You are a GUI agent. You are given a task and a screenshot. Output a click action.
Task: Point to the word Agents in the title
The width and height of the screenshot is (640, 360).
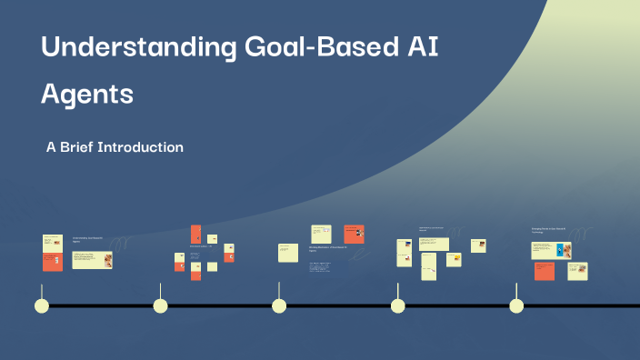(87, 93)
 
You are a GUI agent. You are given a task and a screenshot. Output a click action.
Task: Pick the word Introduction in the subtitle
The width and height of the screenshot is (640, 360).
(145, 147)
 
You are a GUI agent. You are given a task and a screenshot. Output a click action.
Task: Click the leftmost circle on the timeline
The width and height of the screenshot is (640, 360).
(41, 305)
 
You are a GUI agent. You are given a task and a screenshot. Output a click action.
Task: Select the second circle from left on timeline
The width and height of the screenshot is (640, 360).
(160, 305)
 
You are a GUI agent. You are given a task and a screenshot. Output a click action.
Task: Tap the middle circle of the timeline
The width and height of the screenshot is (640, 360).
(279, 305)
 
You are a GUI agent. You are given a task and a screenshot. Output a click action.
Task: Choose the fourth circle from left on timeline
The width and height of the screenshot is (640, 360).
(397, 305)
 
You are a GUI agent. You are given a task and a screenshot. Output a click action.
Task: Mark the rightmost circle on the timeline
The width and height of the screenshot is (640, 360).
(516, 305)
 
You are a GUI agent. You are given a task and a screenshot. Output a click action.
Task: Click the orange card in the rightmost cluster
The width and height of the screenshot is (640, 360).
(544, 271)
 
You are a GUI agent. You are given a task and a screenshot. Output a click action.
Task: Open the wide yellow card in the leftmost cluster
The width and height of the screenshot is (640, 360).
(92, 261)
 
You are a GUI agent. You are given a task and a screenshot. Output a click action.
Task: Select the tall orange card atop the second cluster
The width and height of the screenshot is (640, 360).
(195, 235)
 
